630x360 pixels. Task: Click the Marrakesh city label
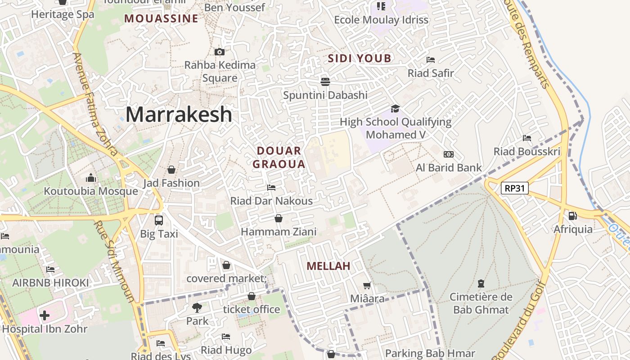click(179, 115)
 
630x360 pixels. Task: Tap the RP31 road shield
click(515, 188)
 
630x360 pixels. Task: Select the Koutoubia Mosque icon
click(91, 178)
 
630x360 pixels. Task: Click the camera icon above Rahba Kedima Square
click(220, 52)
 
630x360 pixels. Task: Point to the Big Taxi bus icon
click(159, 220)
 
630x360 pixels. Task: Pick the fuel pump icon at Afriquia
click(572, 216)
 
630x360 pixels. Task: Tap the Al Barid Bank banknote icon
click(449, 154)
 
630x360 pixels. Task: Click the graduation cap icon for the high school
click(395, 108)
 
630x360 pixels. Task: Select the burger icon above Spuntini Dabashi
click(325, 81)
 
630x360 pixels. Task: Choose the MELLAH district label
click(328, 266)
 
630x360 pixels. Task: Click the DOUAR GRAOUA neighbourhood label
click(279, 157)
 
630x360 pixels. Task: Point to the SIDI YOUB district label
click(360, 58)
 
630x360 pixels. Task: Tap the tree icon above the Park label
click(197, 308)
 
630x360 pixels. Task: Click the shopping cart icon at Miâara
click(367, 285)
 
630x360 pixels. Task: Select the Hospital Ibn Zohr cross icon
click(45, 315)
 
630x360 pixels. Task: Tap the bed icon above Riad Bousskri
click(527, 138)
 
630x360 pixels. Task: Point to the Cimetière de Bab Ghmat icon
click(481, 283)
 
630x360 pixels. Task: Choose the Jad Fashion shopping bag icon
click(171, 170)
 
